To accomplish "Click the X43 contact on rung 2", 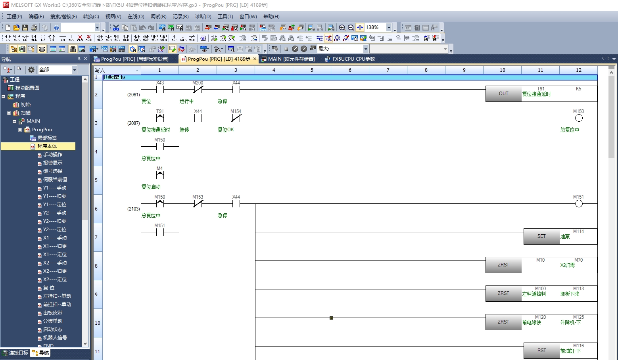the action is tap(160, 90).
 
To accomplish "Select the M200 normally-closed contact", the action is tap(198, 90).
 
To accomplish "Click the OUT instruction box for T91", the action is tap(503, 94).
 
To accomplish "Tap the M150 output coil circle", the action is tap(579, 118).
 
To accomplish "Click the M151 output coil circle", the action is tap(579, 204).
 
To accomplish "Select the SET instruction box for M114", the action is tap(541, 237).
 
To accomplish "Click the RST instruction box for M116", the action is tap(541, 351).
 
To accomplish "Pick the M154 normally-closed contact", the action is tap(236, 118).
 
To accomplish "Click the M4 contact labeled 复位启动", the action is tap(160, 175).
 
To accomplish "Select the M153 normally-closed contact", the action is tap(198, 204).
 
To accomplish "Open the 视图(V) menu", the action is tap(113, 17).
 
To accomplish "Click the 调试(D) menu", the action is tap(158, 17).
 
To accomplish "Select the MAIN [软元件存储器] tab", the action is tap(291, 59).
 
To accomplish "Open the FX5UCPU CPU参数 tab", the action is tap(353, 59).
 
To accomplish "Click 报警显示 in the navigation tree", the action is tap(52, 163).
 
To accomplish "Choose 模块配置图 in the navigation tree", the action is tap(27, 88).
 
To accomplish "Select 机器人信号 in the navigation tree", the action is tap(55, 338).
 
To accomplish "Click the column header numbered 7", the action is tap(388, 70).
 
